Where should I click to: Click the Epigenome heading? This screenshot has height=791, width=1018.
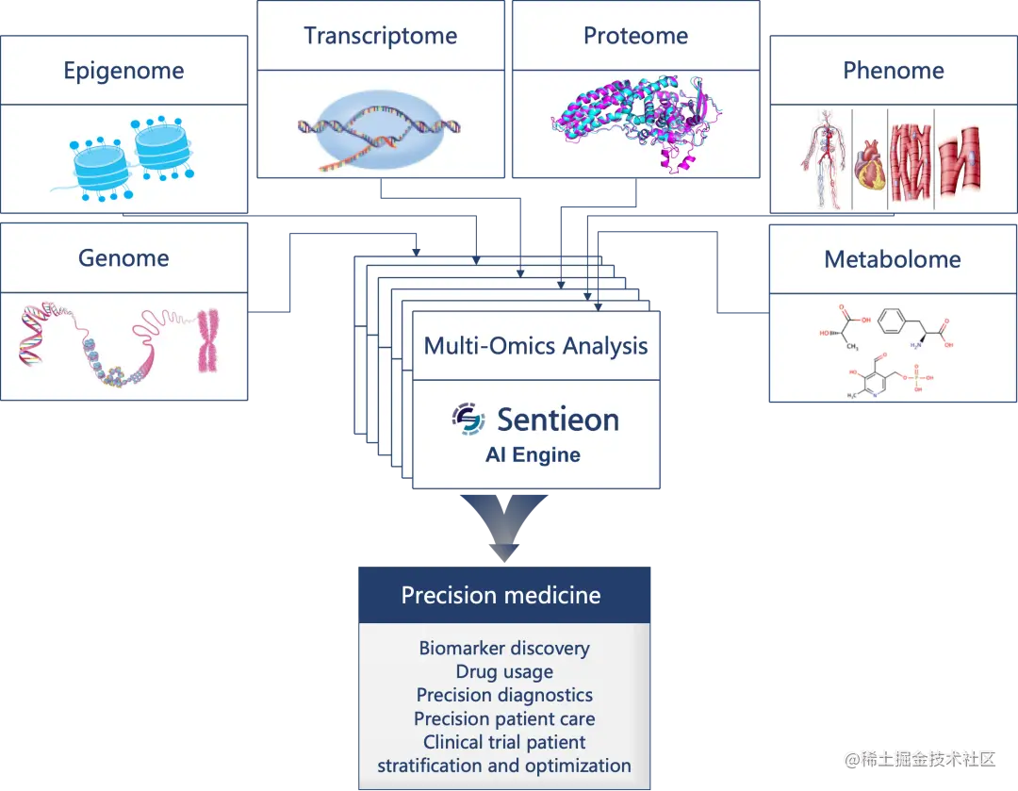(x=123, y=71)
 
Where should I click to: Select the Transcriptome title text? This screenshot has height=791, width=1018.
(x=380, y=37)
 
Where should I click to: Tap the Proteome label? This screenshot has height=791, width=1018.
(x=635, y=37)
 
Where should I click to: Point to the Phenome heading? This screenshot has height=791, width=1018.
(x=893, y=71)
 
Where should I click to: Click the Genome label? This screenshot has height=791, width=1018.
(x=123, y=258)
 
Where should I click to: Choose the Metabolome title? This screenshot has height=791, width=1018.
(x=893, y=259)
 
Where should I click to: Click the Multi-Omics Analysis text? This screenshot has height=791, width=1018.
(x=535, y=346)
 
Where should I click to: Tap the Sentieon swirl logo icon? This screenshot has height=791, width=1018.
(x=468, y=420)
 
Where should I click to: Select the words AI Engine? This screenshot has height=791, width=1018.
(x=533, y=455)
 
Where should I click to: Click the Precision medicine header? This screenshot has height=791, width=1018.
(x=501, y=595)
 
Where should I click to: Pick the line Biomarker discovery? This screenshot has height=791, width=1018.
(x=504, y=649)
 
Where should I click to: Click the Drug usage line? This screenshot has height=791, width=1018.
(x=504, y=672)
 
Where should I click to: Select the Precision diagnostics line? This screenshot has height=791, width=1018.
(x=504, y=696)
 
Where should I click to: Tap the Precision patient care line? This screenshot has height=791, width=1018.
(x=504, y=719)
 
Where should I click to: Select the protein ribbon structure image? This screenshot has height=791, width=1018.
(x=634, y=121)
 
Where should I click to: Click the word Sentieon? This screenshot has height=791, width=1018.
(x=558, y=420)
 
